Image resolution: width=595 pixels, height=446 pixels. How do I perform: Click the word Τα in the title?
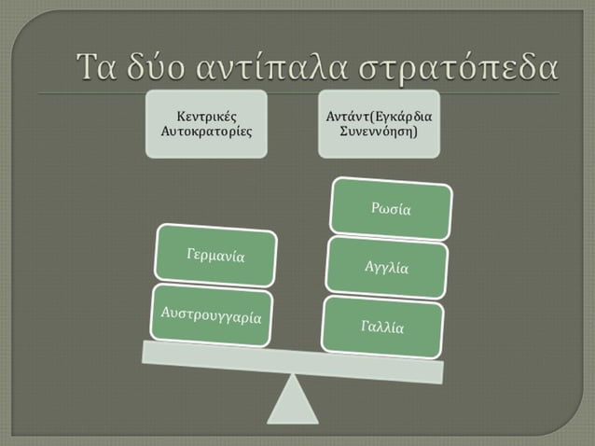pos(99,66)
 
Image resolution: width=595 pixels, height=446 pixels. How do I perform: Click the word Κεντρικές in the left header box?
pos(207,116)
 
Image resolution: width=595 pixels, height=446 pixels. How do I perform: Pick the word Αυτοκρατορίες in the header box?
pos(207,132)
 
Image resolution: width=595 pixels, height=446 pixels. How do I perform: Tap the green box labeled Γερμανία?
pos(216,255)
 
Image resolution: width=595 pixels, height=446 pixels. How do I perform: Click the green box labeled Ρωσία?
pos(392,208)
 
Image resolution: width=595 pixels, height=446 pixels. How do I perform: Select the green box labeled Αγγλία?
pos(386,268)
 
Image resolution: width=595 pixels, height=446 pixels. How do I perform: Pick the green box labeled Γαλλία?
pos(382,327)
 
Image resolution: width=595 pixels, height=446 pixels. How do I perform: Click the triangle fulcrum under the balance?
pos(293,399)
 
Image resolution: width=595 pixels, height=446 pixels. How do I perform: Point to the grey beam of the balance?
pos(291,359)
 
